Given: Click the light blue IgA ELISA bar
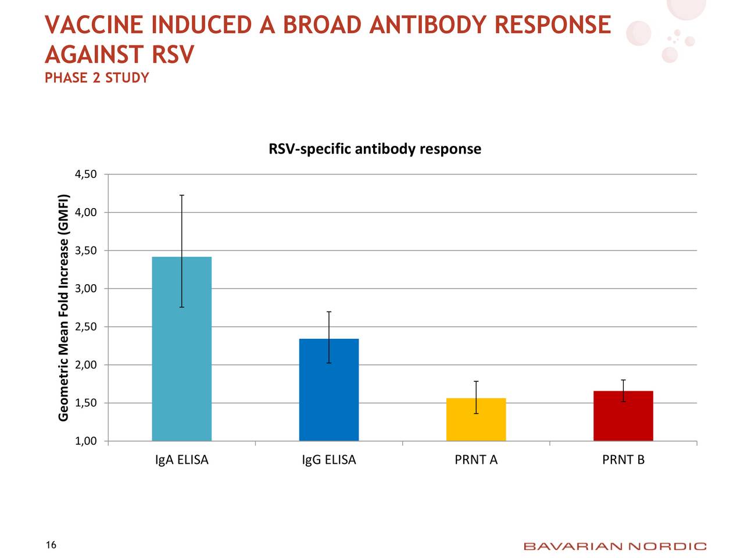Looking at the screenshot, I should pos(181,349).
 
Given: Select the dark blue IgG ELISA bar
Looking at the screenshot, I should pos(329,389).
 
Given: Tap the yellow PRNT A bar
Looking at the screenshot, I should pos(476,419).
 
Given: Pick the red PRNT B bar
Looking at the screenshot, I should pos(623,416).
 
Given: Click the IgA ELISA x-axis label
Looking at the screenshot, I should pos(182,460).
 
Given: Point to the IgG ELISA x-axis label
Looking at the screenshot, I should pos(329,460).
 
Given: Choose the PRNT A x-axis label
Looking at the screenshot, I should pos(476,460).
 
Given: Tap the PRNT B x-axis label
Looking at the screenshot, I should pos(623,460).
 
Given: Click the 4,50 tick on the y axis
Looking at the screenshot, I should pos(86,174).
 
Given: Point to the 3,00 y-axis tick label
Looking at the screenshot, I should pos(86,289).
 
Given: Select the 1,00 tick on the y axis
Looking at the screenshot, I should pos(86,441).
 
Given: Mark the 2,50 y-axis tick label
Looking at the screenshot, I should pos(86,327).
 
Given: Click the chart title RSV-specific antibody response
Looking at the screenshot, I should pos(375,149).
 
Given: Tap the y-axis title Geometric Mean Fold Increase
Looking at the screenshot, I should pos(64,307).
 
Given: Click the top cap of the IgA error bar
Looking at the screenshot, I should pos(182,195).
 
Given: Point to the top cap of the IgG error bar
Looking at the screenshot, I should pos(329,312).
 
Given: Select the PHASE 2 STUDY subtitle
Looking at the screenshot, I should pos(97,78).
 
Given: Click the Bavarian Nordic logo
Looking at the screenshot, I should pos(615,546).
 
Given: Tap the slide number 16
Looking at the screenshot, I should pos(51,545).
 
